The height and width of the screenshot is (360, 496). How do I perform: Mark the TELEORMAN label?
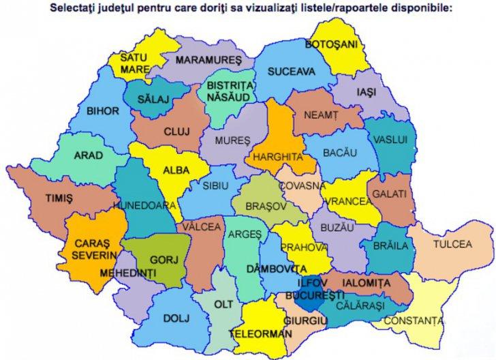coord(255,335)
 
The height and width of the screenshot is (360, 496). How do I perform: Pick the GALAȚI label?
coord(392,194)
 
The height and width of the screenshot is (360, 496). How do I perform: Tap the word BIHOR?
coord(103,110)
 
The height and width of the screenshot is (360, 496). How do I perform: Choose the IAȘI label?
coord(365,91)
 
